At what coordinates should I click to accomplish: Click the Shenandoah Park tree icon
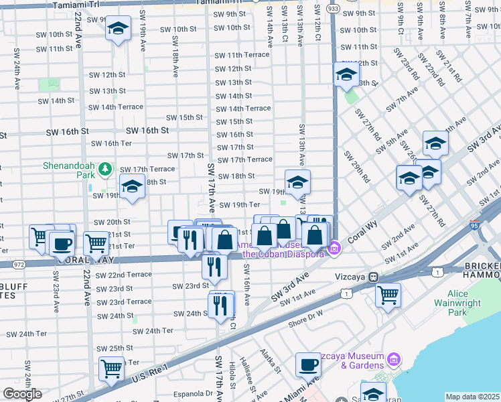click(105, 170)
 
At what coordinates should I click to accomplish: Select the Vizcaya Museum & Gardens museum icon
click(392, 360)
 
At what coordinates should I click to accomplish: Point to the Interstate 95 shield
click(475, 226)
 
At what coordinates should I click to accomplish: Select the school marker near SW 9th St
click(119, 29)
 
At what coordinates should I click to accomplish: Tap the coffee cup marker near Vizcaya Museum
click(308, 364)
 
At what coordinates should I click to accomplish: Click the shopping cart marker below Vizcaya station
click(388, 295)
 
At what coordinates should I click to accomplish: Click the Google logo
click(22, 393)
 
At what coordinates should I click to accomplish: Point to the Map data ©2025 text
click(472, 397)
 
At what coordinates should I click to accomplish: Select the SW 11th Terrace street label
click(242, 55)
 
